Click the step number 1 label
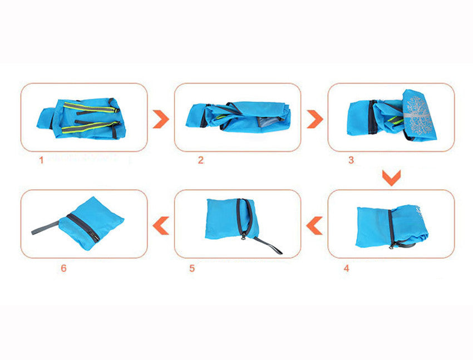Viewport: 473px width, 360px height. [41, 160]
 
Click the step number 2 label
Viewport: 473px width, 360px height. [200, 160]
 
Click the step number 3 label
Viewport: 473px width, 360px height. [351, 160]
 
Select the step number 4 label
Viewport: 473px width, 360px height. [346, 268]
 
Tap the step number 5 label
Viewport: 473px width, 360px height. [192, 268]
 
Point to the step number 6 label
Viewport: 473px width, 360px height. [63, 268]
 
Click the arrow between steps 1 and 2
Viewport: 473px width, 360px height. [161, 118]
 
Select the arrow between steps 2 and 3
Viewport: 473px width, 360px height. [314, 118]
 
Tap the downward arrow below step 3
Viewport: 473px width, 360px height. [391, 178]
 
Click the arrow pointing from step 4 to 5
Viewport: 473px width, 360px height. [314, 225]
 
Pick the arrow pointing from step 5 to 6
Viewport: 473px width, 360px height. [161, 225]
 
